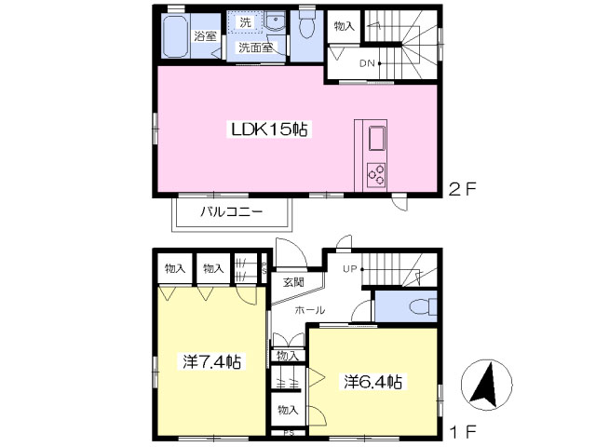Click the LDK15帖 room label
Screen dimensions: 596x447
click(269, 129)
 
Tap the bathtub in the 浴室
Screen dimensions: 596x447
click(175, 36)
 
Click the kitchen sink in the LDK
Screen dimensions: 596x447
click(376, 138)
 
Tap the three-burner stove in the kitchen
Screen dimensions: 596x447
click(376, 175)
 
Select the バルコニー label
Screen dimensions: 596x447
click(232, 211)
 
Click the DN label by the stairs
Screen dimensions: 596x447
click(367, 63)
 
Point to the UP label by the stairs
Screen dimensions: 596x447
click(350, 269)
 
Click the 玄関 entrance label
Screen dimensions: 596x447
click(293, 282)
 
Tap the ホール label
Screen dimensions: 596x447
click(310, 310)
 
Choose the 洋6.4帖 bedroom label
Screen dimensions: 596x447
click(372, 382)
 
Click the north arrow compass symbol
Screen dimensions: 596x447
click(486, 385)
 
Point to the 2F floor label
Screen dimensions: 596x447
click(462, 189)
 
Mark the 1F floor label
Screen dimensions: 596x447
click(463, 432)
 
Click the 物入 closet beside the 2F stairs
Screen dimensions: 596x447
click(344, 26)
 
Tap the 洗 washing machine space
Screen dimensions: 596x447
click(245, 22)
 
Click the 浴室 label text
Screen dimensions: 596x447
click(205, 36)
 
